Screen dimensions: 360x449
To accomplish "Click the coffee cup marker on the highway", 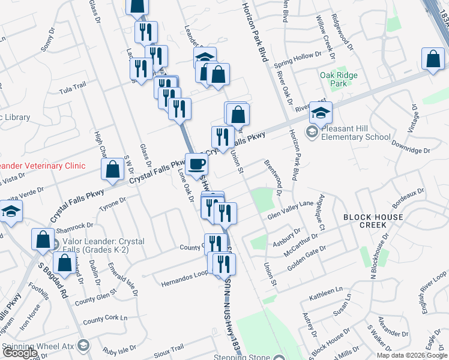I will point(197,164).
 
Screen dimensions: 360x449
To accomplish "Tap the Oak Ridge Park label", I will point(339,79).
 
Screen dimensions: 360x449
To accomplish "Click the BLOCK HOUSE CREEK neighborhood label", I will point(373,220).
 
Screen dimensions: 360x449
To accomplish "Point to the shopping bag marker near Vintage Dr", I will point(433,60).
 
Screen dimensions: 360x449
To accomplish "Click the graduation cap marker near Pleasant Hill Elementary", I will point(321,112).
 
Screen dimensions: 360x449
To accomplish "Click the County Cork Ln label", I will point(106,320).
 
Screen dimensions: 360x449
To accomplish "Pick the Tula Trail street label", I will point(73,91).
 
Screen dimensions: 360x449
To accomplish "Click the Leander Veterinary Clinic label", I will point(42,166).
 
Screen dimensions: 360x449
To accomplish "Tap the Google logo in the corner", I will point(20,353).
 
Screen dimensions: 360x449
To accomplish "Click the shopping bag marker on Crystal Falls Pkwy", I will point(113,170).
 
